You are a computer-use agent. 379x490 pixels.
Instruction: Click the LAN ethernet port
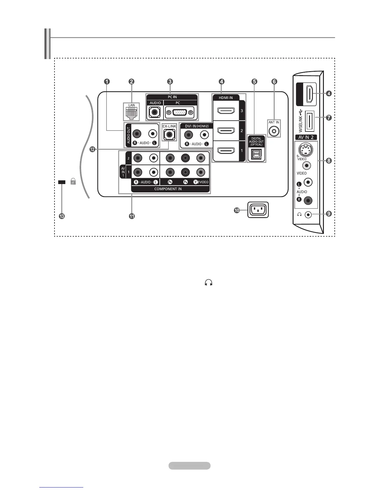click(x=132, y=114)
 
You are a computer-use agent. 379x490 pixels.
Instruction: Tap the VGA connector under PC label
click(x=180, y=112)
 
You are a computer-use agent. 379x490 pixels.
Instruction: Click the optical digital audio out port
click(x=256, y=154)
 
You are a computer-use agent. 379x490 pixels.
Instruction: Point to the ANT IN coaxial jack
click(x=274, y=131)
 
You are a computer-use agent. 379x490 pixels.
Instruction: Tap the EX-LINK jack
click(x=169, y=135)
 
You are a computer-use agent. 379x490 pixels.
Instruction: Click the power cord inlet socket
click(x=258, y=210)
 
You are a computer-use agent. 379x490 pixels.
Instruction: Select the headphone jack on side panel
click(x=308, y=214)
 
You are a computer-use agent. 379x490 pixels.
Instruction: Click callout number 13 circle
click(x=62, y=216)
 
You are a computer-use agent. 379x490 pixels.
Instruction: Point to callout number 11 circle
click(x=132, y=216)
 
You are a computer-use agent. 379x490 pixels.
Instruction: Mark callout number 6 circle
click(x=274, y=82)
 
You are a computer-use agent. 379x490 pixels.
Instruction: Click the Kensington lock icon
click(x=73, y=182)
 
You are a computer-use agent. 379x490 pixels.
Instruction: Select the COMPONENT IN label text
click(x=168, y=189)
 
